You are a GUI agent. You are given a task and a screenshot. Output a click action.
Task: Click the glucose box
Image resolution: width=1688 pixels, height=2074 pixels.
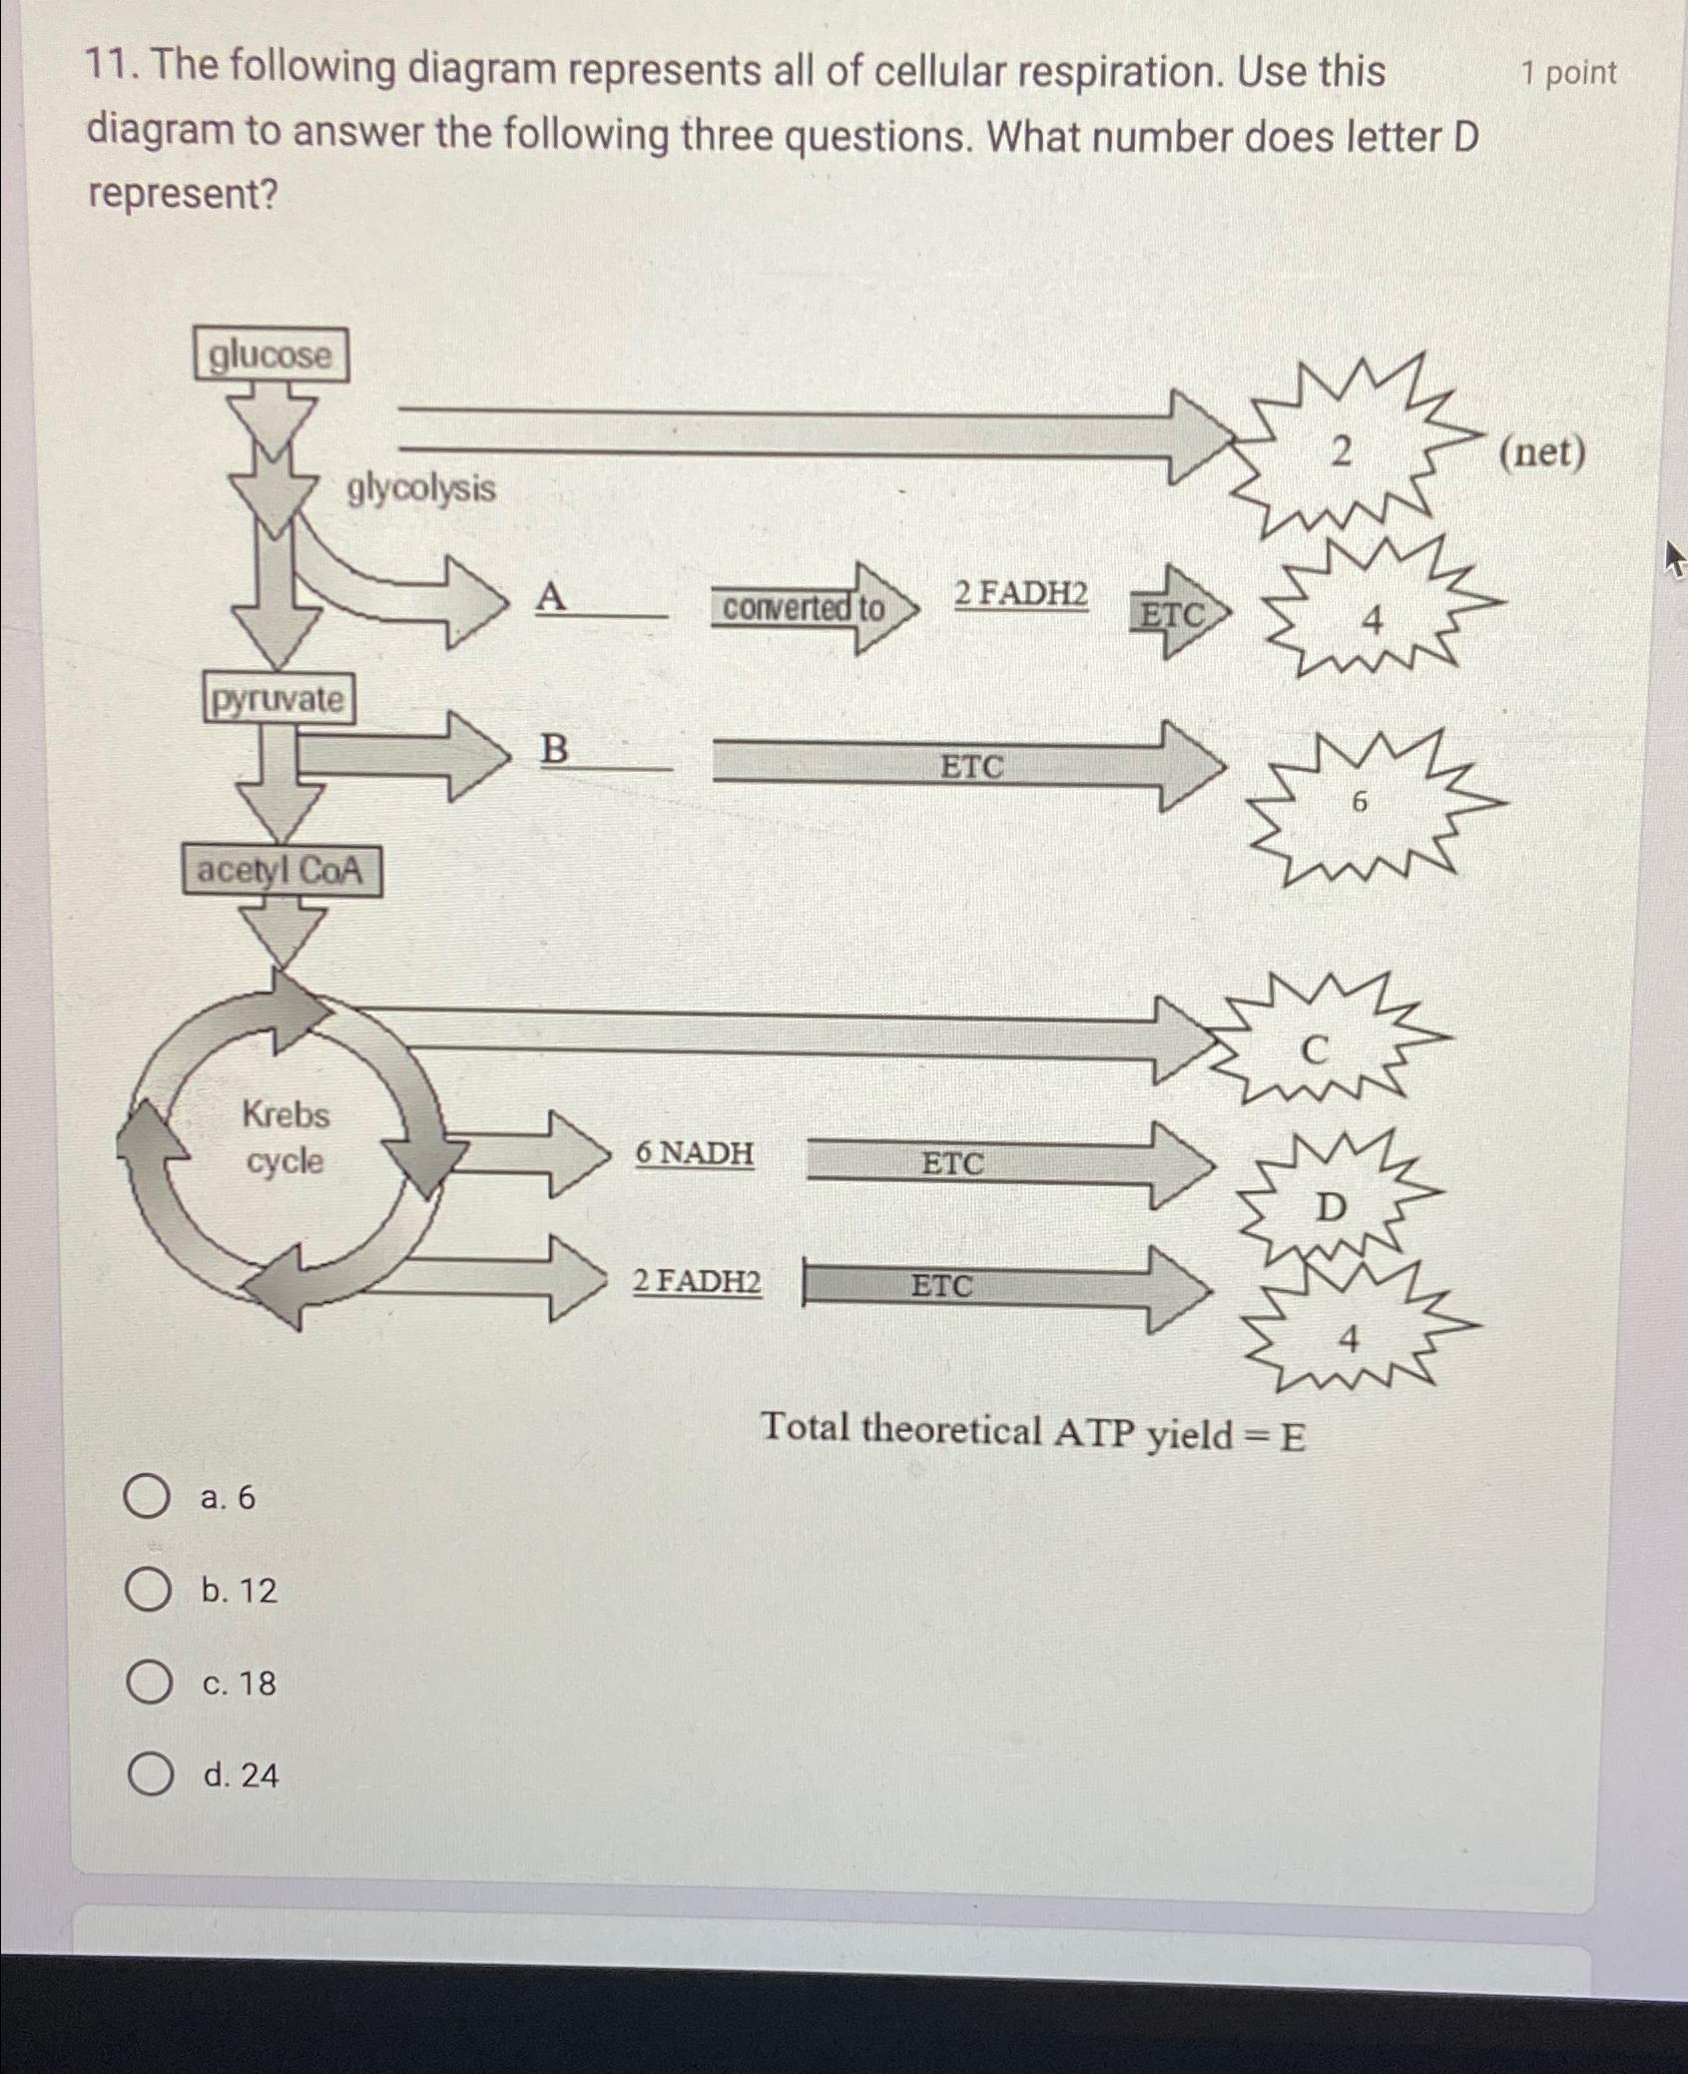coord(271,355)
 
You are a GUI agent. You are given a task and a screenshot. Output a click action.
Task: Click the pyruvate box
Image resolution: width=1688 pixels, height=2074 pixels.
coord(279,699)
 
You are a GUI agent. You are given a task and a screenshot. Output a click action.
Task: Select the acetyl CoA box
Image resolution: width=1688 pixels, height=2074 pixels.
coord(281,871)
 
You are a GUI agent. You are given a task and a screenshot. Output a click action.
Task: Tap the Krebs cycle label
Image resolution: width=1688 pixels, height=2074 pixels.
coord(285,1137)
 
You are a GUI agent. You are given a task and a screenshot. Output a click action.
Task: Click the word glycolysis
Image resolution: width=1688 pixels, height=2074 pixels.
coord(421,489)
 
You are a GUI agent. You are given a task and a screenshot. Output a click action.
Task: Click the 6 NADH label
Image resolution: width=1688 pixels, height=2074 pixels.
coord(695,1153)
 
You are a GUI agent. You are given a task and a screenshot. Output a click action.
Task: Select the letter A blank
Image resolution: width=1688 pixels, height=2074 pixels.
coord(599,599)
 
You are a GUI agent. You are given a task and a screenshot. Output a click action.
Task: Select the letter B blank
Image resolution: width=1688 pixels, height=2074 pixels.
coord(603,751)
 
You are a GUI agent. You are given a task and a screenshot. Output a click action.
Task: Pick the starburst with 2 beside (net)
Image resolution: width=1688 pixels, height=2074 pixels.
coord(1342,452)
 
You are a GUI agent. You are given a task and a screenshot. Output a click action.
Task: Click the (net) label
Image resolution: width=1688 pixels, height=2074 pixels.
coord(1541,453)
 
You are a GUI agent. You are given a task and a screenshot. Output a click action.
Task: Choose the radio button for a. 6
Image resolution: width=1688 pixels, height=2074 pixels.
coord(148,1498)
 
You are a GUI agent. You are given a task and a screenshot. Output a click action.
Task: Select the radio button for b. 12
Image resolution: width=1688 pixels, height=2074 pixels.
coord(148,1591)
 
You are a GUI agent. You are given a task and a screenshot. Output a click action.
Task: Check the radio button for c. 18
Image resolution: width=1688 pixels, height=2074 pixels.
coord(148,1684)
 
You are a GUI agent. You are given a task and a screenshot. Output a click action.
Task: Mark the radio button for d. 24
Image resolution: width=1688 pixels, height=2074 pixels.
coord(148,1775)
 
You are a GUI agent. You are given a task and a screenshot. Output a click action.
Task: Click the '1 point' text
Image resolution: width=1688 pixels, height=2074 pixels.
coord(1568,73)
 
